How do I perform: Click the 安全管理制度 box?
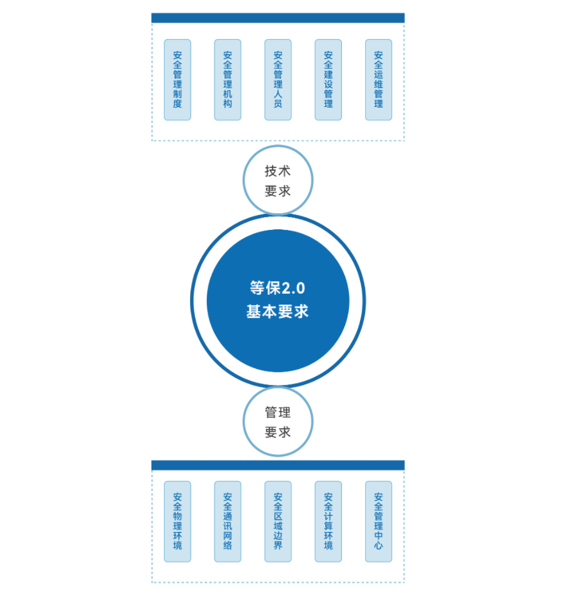[177, 80]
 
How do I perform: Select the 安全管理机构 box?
[227, 80]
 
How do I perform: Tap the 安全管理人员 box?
[278, 80]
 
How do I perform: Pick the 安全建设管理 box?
[328, 80]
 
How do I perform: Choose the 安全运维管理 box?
[378, 80]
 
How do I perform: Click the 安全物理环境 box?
[177, 521]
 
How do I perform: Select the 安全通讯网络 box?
[227, 521]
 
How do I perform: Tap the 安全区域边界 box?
[278, 521]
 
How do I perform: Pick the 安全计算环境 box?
[328, 521]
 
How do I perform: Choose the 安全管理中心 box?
[378, 521]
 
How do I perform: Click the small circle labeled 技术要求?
[278, 180]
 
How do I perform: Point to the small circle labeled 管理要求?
[278, 422]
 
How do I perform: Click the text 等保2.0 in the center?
[278, 289]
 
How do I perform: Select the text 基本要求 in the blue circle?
[278, 312]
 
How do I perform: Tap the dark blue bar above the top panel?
[278, 18]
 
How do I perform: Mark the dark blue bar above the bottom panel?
[278, 465]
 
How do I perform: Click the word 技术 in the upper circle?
[278, 171]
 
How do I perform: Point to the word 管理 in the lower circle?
[278, 412]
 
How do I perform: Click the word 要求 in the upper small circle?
[278, 191]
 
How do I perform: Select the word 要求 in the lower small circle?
[278, 433]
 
